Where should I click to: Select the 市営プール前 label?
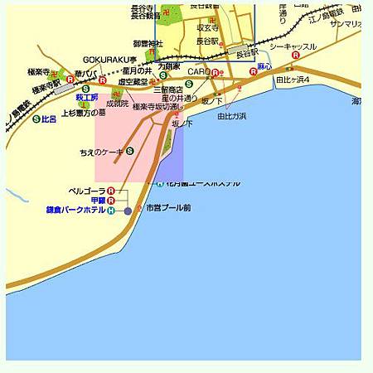click(x=167, y=207)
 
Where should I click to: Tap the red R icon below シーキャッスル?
click(x=296, y=56)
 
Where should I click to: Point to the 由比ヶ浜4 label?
click(x=293, y=80)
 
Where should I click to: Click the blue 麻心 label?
click(x=264, y=65)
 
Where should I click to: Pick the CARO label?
click(x=197, y=72)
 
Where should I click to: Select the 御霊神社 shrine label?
click(x=148, y=43)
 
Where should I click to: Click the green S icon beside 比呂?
click(x=36, y=119)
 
